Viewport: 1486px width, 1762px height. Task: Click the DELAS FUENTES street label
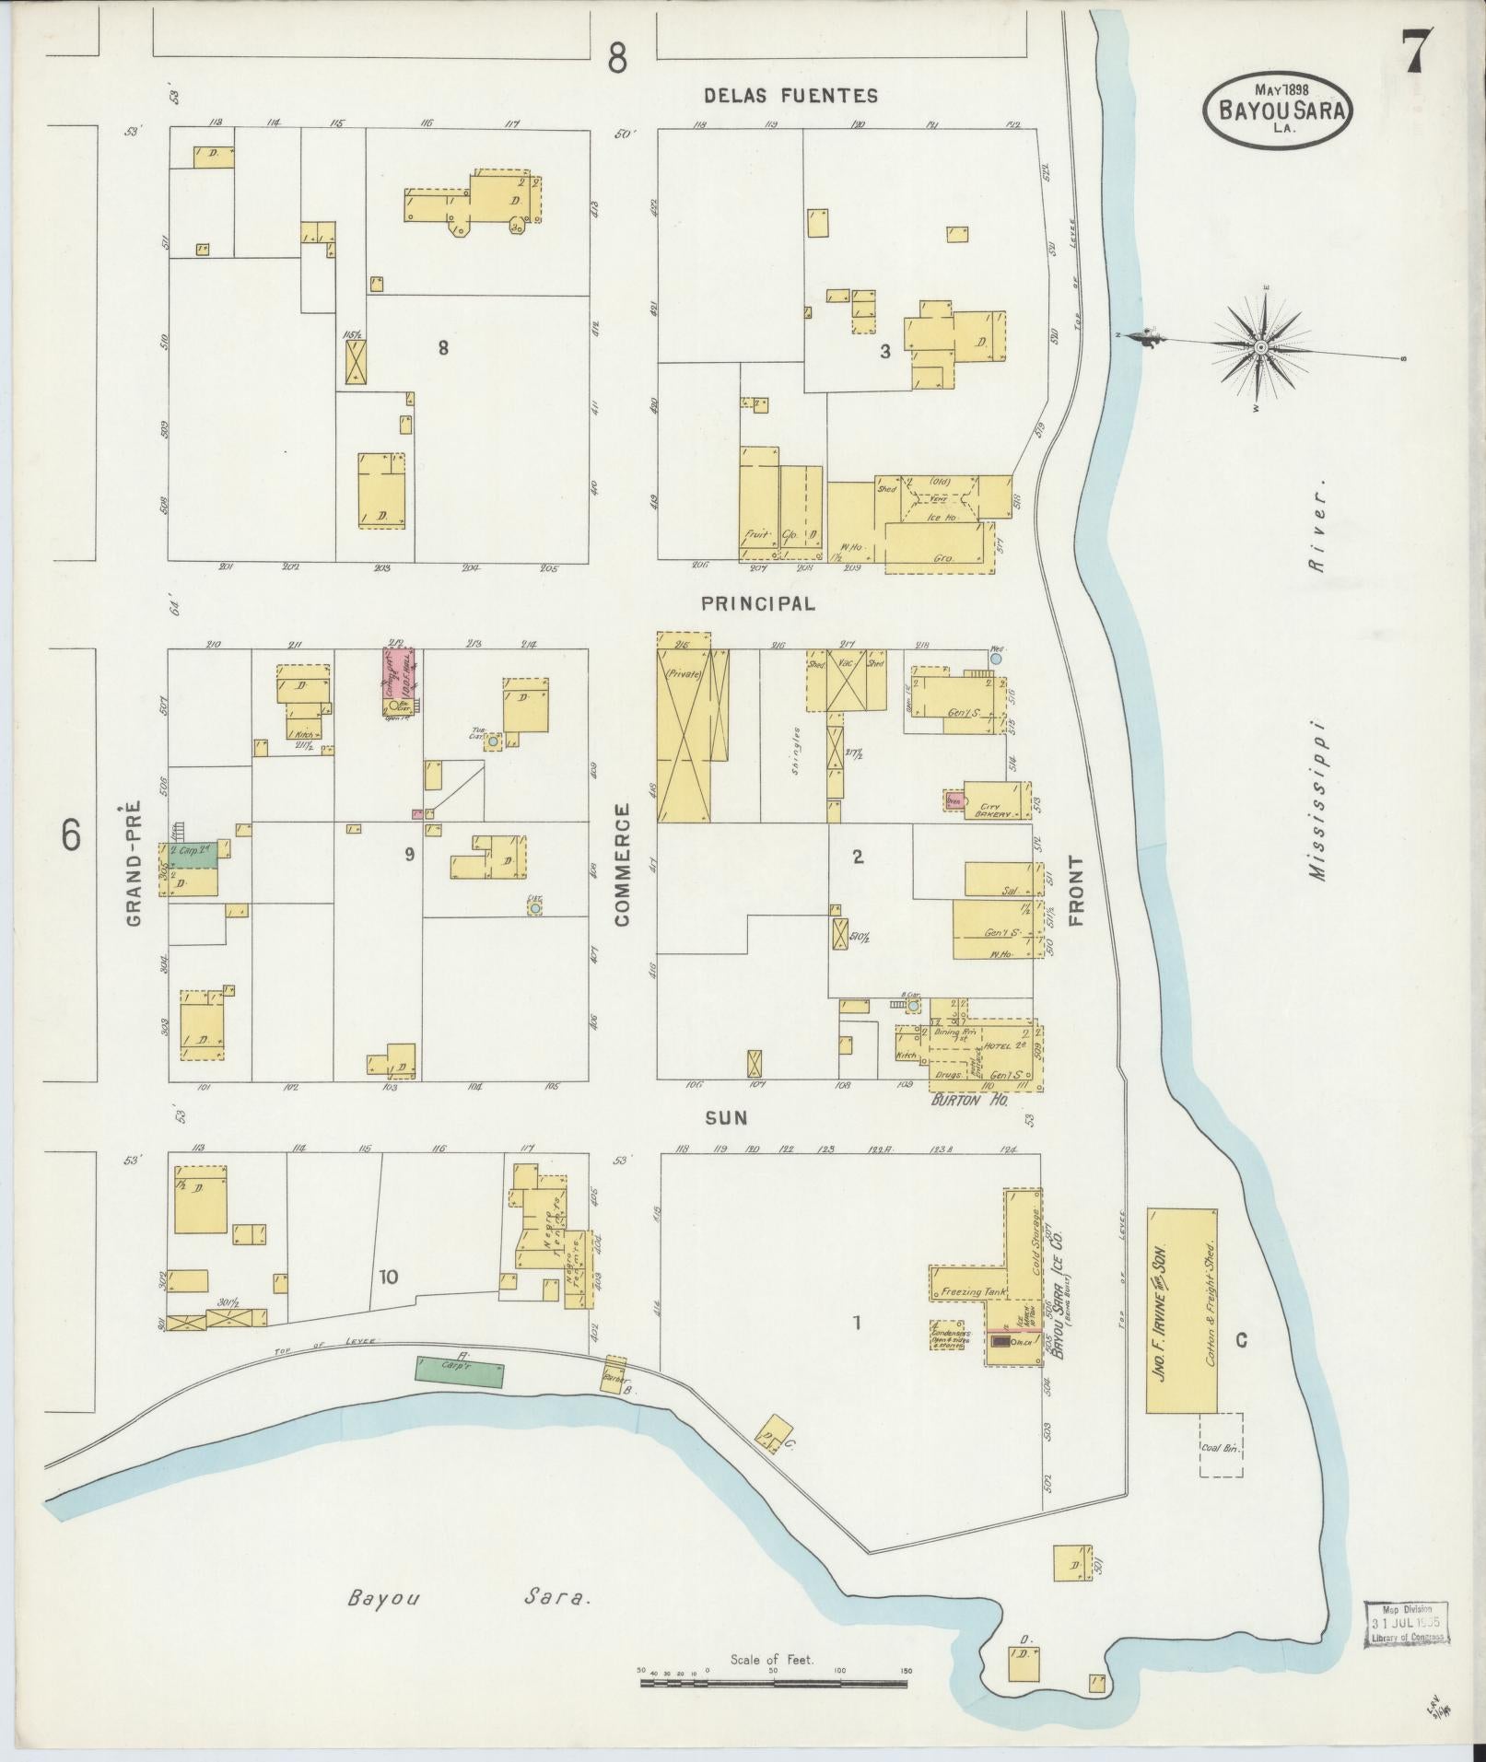tap(790, 95)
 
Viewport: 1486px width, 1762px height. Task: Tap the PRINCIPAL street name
tap(757, 603)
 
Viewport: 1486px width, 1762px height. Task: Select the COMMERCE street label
tap(622, 863)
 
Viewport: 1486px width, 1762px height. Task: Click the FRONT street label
tap(1076, 891)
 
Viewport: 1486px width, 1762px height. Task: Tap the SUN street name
tap(726, 1117)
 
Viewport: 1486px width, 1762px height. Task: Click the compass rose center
tap(1259, 346)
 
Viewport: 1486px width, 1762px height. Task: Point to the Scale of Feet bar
tap(774, 1683)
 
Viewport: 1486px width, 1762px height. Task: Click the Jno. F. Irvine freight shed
tap(1180, 1323)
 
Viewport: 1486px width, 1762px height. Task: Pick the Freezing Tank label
tap(974, 1293)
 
